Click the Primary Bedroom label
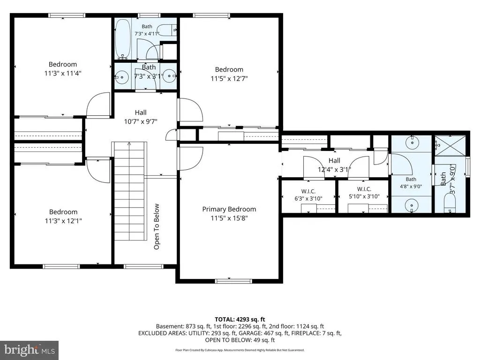(x=229, y=210)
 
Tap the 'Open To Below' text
(x=157, y=226)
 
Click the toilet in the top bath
(x=169, y=30)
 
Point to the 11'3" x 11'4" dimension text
(x=63, y=74)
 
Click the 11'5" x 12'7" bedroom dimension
(x=229, y=79)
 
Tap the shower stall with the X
(x=450, y=145)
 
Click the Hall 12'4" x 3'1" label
(x=334, y=165)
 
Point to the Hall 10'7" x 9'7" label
(x=141, y=117)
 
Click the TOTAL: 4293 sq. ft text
(x=240, y=320)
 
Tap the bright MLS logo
(x=30, y=350)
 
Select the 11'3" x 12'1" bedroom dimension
(x=63, y=221)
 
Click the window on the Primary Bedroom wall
(x=233, y=281)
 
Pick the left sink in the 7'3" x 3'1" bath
(x=122, y=75)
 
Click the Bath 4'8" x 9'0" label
(x=411, y=183)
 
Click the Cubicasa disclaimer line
(x=240, y=350)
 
